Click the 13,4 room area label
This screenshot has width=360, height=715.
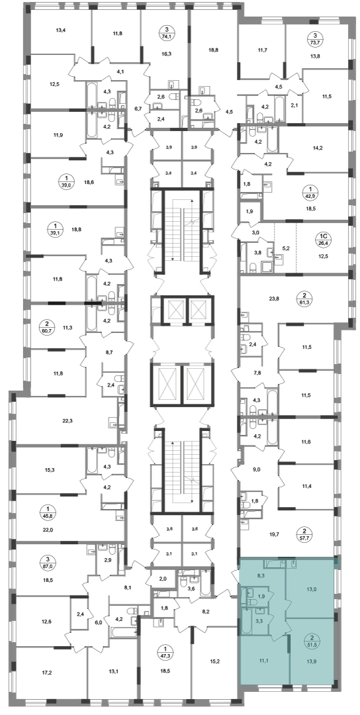[x=61, y=31]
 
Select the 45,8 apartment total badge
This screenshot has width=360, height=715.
[x=46, y=513]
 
